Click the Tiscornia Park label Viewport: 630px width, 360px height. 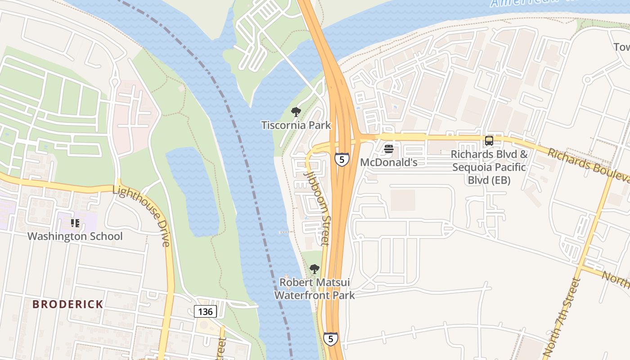click(296, 126)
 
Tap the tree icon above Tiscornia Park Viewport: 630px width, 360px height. click(296, 112)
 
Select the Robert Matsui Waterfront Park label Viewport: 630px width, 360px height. click(315, 289)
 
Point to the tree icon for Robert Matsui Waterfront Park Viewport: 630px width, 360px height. click(315, 269)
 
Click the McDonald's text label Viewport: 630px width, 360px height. click(389, 162)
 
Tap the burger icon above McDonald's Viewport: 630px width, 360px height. click(389, 149)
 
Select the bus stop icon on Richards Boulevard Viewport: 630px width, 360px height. click(489, 141)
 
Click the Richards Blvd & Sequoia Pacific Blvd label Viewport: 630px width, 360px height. click(489, 167)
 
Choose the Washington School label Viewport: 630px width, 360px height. click(75, 236)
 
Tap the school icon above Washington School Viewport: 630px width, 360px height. click(75, 223)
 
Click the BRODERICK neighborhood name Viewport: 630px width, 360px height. click(68, 304)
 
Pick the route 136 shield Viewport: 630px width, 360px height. click(206, 311)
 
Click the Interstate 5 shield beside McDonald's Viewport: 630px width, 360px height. click(342, 159)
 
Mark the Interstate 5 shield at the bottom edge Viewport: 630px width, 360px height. click(331, 339)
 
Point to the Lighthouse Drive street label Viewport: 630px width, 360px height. click(141, 216)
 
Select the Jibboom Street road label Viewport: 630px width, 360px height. click(318, 208)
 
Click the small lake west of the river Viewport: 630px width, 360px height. click(193, 191)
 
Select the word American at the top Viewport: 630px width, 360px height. click(517, 4)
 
